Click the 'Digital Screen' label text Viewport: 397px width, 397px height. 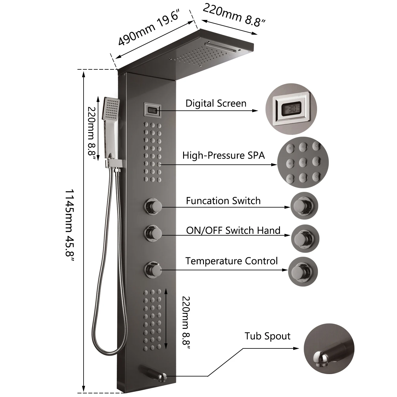point(216,103)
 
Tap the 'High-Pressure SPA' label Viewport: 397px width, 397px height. point(224,155)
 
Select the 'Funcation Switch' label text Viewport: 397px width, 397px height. point(223,201)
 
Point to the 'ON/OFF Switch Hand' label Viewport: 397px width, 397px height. point(233,230)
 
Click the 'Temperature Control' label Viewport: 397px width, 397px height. point(231,261)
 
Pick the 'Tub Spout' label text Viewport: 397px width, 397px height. point(267,336)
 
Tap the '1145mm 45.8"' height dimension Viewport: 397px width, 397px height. point(70,226)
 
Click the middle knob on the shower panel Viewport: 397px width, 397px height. point(153,232)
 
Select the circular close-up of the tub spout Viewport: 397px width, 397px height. point(329,349)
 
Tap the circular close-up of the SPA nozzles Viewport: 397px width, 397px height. point(303,163)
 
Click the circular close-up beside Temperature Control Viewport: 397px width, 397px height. point(303,271)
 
